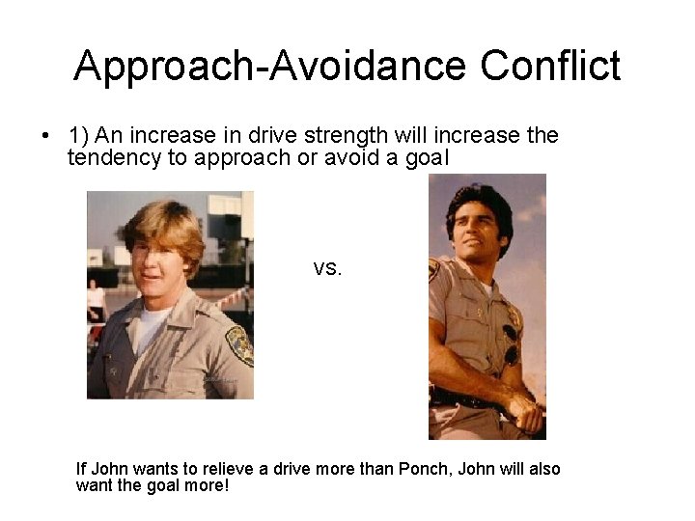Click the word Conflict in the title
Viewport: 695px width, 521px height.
(x=550, y=67)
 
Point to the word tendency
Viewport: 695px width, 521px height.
(x=114, y=157)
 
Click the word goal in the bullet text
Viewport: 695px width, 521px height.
(x=427, y=157)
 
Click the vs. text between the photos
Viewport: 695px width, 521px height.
(x=327, y=268)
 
